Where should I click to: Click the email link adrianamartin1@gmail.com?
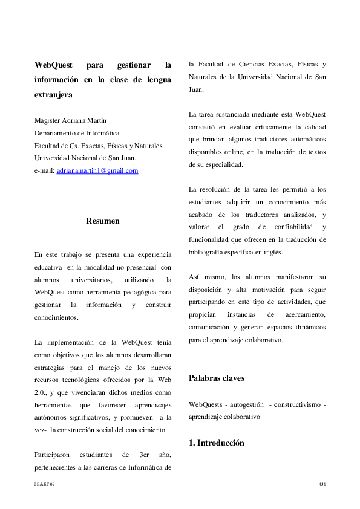point(97,171)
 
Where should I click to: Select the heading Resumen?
point(103,221)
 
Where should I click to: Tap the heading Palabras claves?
point(217,378)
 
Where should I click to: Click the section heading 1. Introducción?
point(217,443)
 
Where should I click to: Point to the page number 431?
point(322,485)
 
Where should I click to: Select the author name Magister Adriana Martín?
point(70,120)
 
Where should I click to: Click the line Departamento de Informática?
point(76,133)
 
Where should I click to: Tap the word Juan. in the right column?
point(196,90)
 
